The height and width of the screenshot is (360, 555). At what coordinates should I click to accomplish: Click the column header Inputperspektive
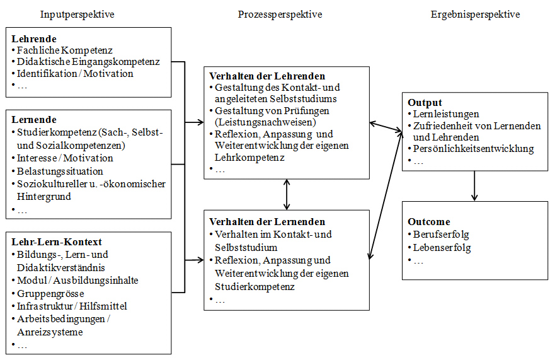(77, 15)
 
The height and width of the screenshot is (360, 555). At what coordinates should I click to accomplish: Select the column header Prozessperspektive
(280, 15)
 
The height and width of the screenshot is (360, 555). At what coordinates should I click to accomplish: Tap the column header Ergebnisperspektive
(476, 15)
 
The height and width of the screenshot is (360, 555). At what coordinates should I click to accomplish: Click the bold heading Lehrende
(34, 38)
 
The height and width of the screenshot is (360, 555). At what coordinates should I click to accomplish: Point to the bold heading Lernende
(34, 119)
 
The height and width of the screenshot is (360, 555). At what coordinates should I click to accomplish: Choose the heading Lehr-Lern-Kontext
(57, 241)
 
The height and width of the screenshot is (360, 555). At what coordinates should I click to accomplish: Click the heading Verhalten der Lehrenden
(267, 76)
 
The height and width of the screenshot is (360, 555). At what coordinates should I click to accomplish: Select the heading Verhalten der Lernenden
(267, 221)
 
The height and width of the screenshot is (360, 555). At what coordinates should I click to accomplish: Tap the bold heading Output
(425, 102)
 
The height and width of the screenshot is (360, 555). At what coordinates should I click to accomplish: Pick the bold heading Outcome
(429, 221)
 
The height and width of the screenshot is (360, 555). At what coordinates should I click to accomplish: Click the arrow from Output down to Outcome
(474, 186)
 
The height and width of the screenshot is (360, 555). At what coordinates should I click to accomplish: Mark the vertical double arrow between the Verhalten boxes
(287, 195)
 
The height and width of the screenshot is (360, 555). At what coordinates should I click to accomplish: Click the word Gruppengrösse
(50, 294)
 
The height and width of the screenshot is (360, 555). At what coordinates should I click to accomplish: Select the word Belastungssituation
(60, 171)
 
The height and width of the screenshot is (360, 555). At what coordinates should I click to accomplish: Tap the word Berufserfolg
(441, 235)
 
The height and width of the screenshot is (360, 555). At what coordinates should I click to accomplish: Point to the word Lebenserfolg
(442, 248)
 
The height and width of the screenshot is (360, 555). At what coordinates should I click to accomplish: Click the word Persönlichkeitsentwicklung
(474, 149)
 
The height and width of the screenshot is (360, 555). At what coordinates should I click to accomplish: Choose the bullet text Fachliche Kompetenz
(65, 50)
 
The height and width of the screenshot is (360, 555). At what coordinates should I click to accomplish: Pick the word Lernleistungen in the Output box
(446, 114)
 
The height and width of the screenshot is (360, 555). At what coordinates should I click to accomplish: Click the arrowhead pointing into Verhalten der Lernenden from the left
(200, 260)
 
